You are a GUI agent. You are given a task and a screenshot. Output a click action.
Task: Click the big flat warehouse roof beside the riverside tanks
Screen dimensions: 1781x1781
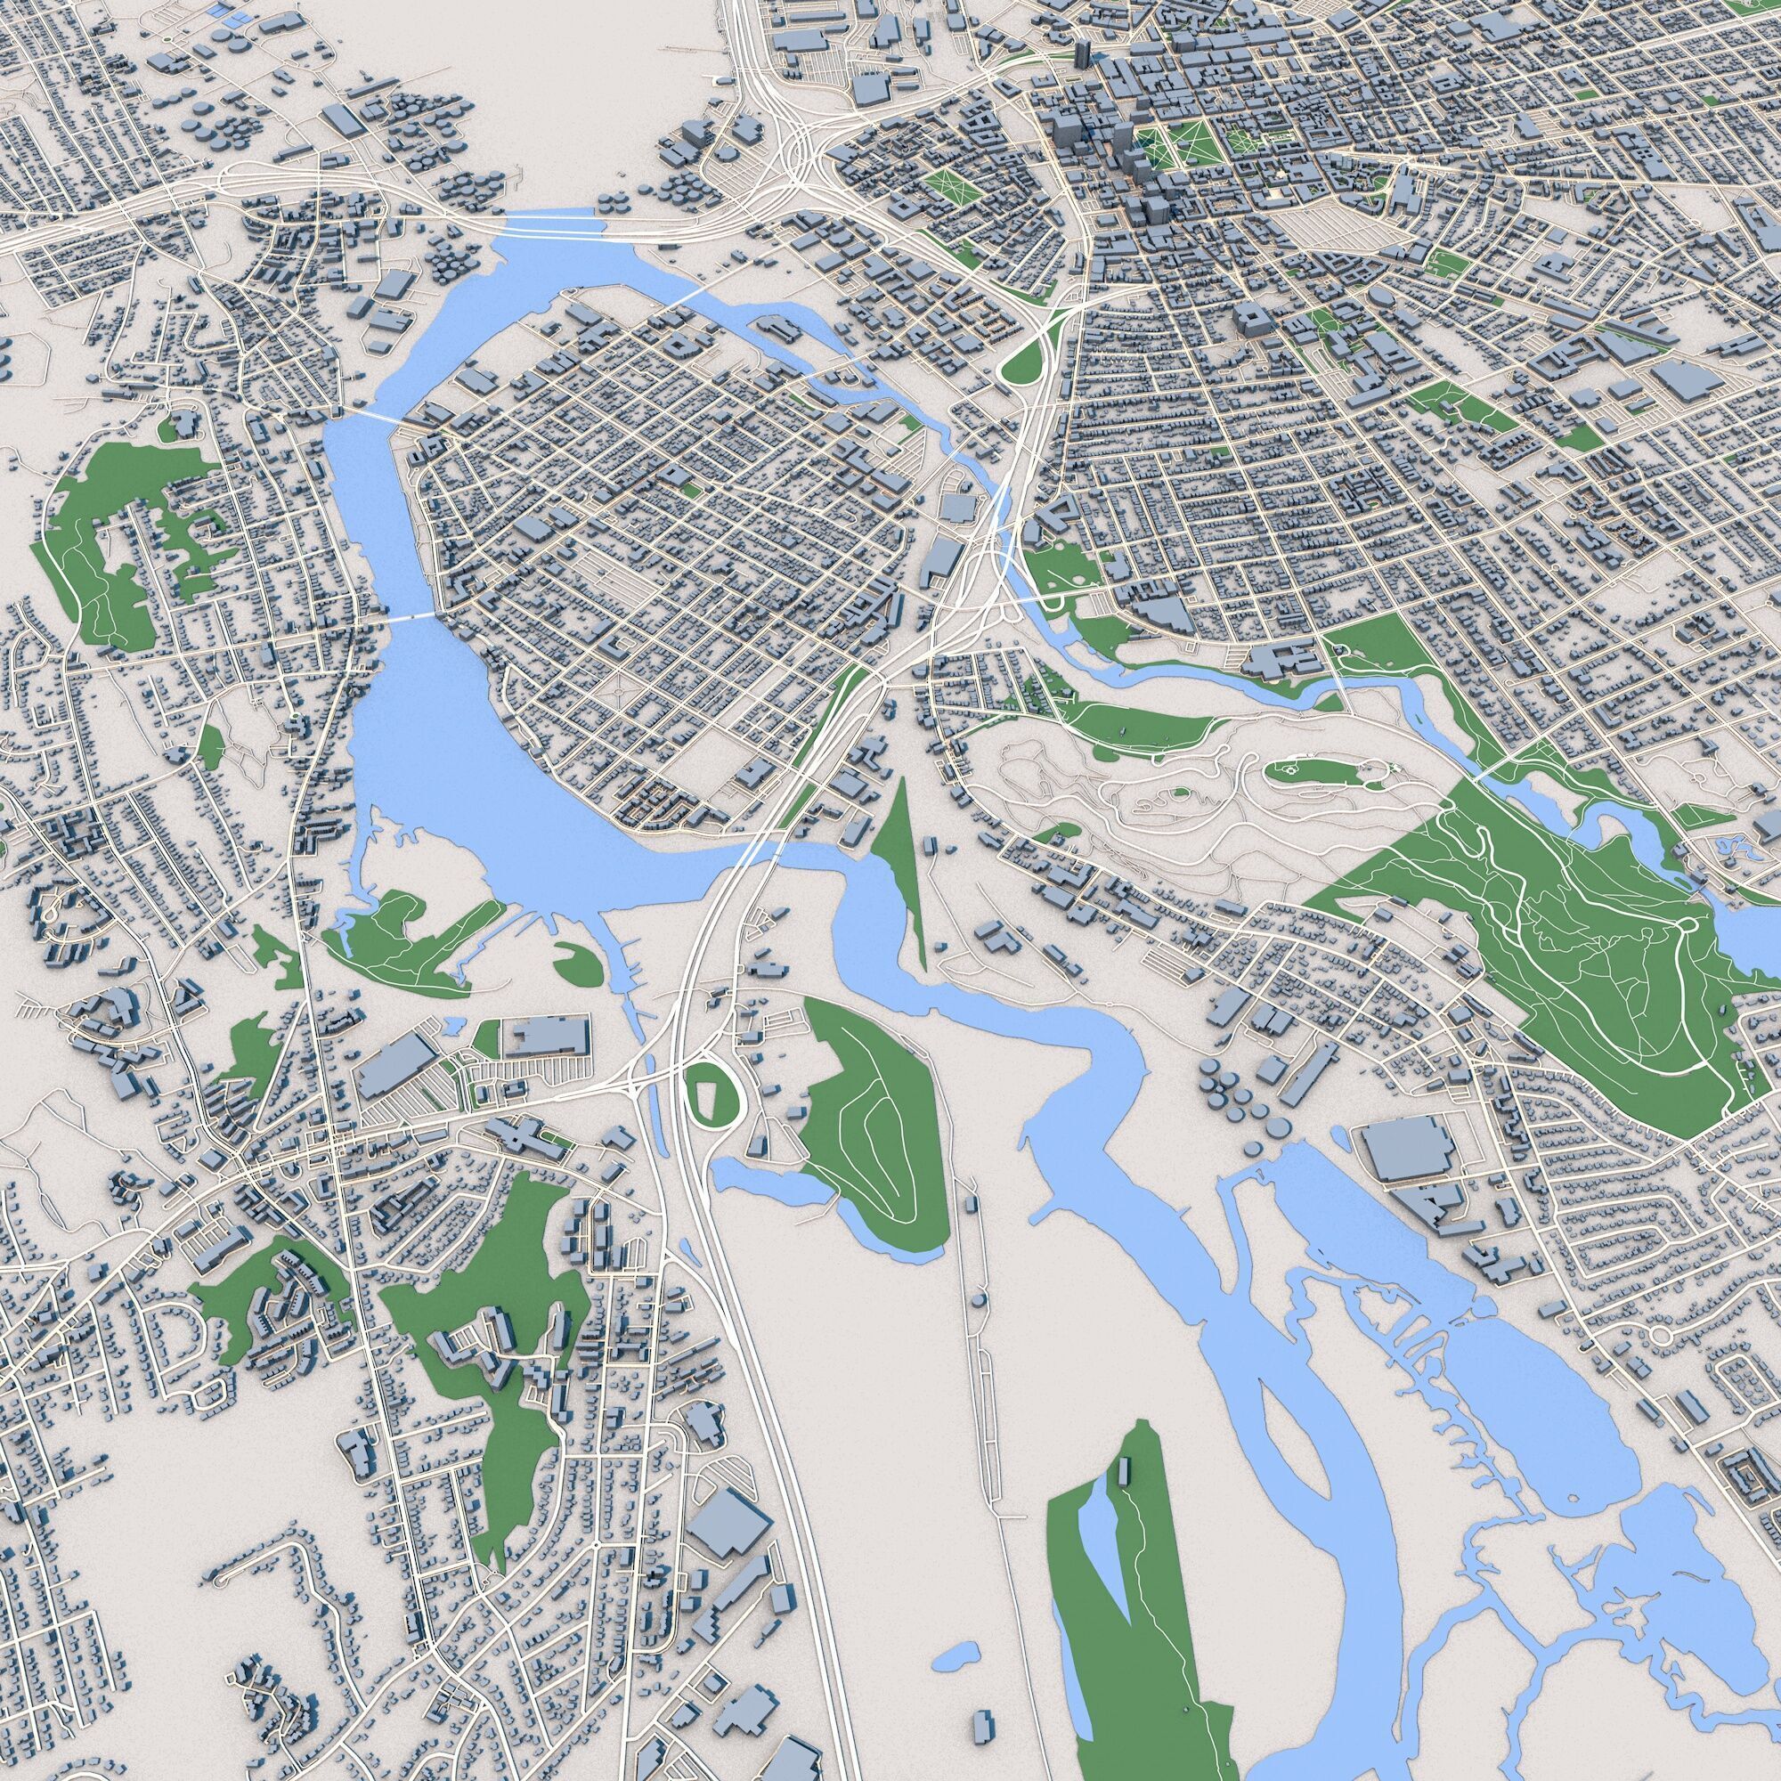click(1405, 1148)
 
